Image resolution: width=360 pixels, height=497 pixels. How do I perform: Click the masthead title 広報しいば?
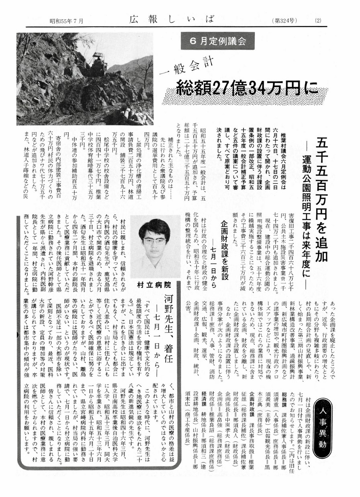(x=172, y=19)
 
